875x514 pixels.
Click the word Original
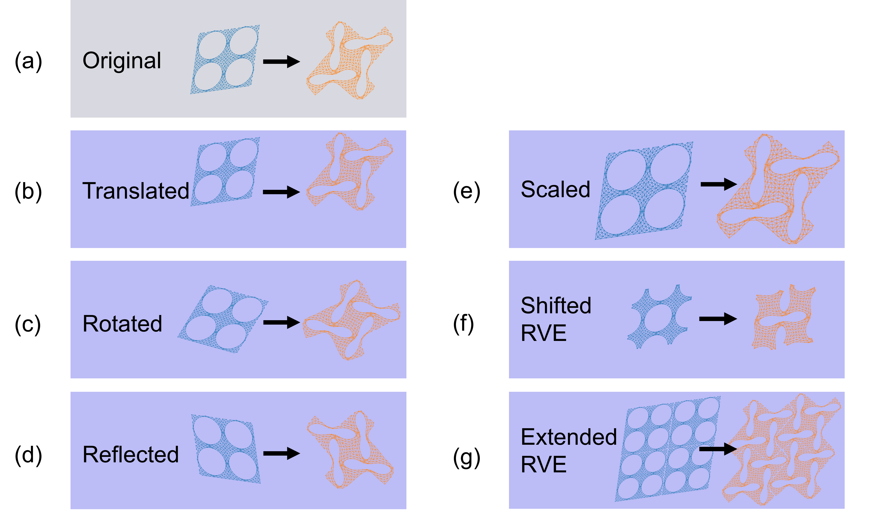[x=122, y=61]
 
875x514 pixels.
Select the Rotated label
[x=122, y=324]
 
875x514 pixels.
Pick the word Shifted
[x=556, y=306]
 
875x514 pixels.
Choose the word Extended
[x=569, y=437]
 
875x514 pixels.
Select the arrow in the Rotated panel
[x=281, y=322]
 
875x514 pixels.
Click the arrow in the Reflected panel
[x=281, y=453]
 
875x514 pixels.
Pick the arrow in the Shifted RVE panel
[x=718, y=319]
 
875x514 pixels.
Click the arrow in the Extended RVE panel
[x=718, y=449]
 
